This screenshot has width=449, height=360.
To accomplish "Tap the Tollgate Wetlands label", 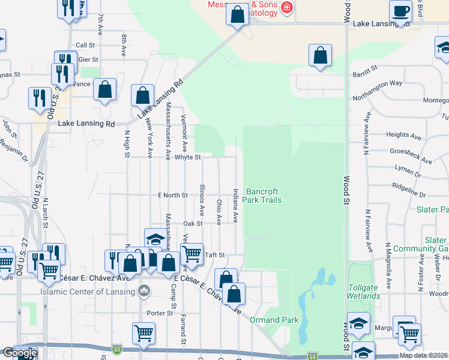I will pyautogui.click(x=363, y=292).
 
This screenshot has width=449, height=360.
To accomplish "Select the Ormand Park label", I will pyautogui.click(x=274, y=320).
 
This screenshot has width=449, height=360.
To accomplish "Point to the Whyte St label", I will pyautogui.click(x=187, y=157).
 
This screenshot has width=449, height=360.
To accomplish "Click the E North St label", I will pyautogui.click(x=173, y=195).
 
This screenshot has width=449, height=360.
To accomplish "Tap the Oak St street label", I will pyautogui.click(x=193, y=223).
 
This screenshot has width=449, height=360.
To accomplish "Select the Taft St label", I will pyautogui.click(x=214, y=255).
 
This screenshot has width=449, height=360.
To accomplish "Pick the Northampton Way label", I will pyautogui.click(x=377, y=83).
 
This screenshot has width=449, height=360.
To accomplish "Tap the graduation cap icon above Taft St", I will pyautogui.click(x=155, y=239).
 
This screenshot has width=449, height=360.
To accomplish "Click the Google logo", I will pyautogui.click(x=20, y=353).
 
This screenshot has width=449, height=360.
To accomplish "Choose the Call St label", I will pyautogui.click(x=85, y=45).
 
